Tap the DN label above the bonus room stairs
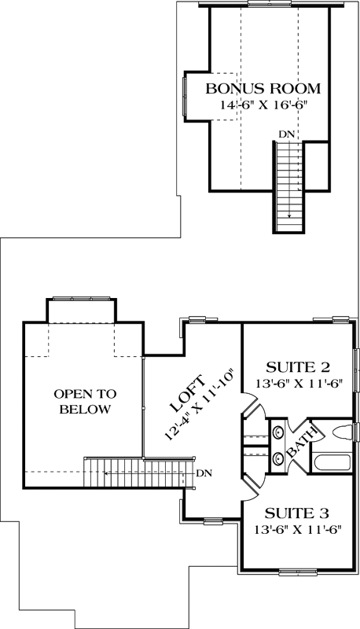(287, 135)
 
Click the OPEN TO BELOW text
(80, 401)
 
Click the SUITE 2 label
(297, 366)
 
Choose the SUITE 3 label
(297, 514)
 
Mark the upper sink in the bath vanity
(277, 431)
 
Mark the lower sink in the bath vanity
(277, 456)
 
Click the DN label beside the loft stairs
(204, 473)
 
